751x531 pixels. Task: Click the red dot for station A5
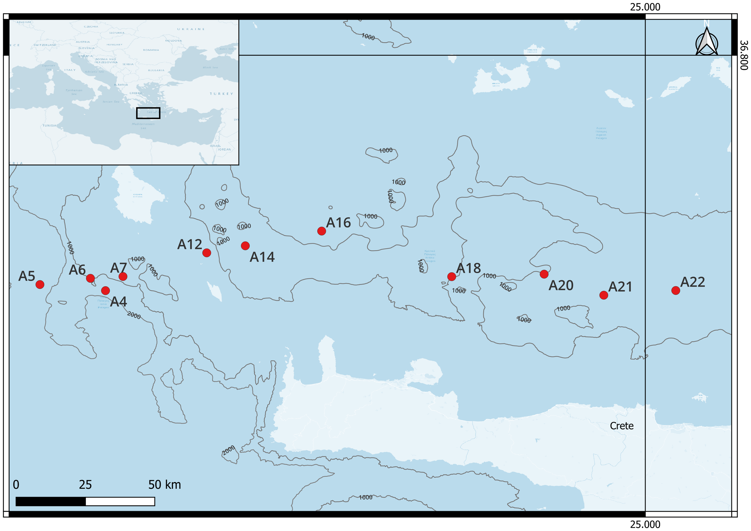40,284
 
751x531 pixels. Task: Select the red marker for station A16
321,231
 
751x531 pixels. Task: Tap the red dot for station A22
676,290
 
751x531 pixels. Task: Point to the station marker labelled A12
207,253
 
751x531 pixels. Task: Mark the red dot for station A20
544,274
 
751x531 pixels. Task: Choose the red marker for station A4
105,290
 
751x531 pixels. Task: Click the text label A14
262,257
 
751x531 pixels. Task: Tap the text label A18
469,268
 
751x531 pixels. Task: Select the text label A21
620,287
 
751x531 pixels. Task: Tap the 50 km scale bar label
164,484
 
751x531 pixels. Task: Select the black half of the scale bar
51,501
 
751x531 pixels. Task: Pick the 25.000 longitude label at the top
645,7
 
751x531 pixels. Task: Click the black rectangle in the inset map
148,113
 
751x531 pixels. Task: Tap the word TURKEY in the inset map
222,94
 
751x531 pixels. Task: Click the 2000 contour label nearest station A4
134,316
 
